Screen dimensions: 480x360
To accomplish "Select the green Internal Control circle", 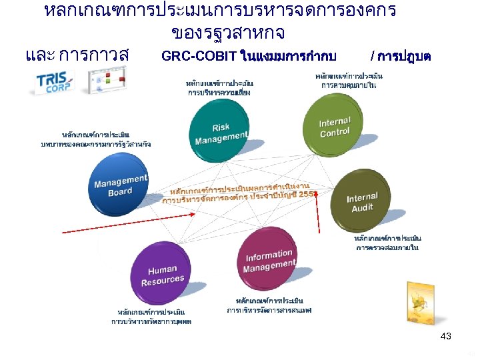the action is click(x=334, y=123).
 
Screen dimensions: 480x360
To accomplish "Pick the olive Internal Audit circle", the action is click(x=363, y=201).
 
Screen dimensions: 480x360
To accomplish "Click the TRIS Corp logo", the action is click(x=56, y=81).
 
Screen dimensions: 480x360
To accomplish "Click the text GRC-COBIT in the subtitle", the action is click(x=199, y=55).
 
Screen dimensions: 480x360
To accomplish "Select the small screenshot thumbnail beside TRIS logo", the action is click(x=105, y=81).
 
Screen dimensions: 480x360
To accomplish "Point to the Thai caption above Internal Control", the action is click(x=349, y=81).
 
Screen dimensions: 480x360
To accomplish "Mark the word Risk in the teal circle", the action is click(x=221, y=127).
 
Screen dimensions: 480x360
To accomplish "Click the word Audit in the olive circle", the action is click(x=363, y=208).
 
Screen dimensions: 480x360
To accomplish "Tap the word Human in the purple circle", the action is click(x=163, y=270).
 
